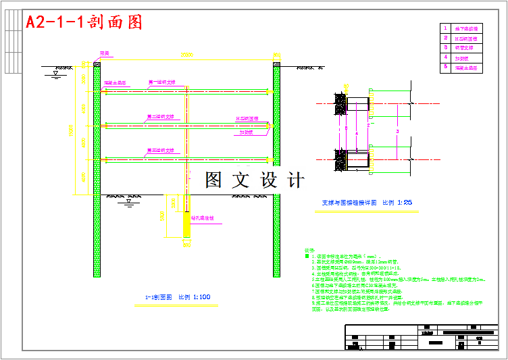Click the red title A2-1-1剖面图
point(84,22)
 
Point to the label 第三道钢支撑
point(161,151)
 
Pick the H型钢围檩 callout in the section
point(247,118)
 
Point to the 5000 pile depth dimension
point(162,217)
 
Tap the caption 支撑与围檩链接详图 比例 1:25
point(367,202)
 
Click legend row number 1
point(445,28)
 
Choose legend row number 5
point(445,68)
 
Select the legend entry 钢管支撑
point(466,48)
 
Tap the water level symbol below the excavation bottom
point(128,203)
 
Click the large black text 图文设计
point(255,180)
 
